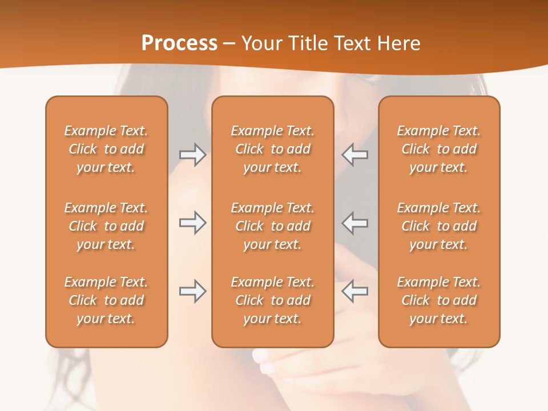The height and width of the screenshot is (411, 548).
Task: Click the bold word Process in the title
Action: [x=179, y=43]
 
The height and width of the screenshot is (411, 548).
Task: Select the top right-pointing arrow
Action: [x=192, y=155]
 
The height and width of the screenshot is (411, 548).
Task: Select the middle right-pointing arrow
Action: [x=192, y=223]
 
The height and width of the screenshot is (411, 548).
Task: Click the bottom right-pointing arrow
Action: [x=192, y=291]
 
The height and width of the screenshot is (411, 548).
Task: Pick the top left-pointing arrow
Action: [x=354, y=155]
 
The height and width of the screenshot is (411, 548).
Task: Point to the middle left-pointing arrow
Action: [x=354, y=223]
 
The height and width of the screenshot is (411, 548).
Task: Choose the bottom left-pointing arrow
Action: [x=354, y=291]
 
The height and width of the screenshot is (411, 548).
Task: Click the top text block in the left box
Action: [x=106, y=149]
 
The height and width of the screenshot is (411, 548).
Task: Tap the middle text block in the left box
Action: [x=106, y=226]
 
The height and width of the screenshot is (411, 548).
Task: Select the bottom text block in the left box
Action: [x=106, y=300]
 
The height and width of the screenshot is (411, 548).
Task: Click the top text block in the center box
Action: [x=272, y=149]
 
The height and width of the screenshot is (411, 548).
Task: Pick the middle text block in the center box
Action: [x=272, y=226]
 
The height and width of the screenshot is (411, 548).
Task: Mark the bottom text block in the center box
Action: [x=272, y=300]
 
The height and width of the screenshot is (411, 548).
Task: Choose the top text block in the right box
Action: [x=439, y=149]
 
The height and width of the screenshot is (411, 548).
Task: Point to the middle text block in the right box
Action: [x=439, y=226]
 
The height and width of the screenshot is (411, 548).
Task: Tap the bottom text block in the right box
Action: [x=439, y=300]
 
